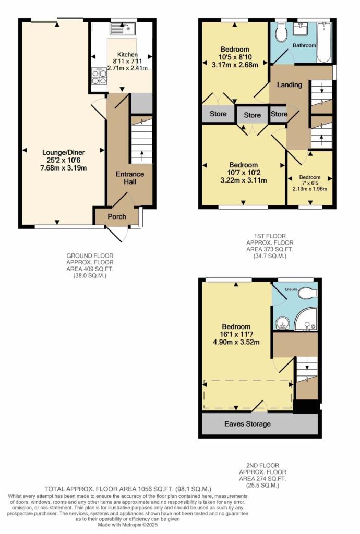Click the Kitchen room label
(x=127, y=54)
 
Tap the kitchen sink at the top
(x=123, y=28)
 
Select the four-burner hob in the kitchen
(x=99, y=77)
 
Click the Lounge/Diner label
(x=64, y=152)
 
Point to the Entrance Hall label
(x=130, y=177)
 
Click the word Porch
(x=116, y=216)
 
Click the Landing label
(x=289, y=84)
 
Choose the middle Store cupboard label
(x=252, y=115)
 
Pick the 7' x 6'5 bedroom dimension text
(x=310, y=183)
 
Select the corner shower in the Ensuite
(x=306, y=322)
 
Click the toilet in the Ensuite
(x=308, y=294)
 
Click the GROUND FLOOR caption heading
(x=90, y=256)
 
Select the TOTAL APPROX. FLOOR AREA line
(x=128, y=489)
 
